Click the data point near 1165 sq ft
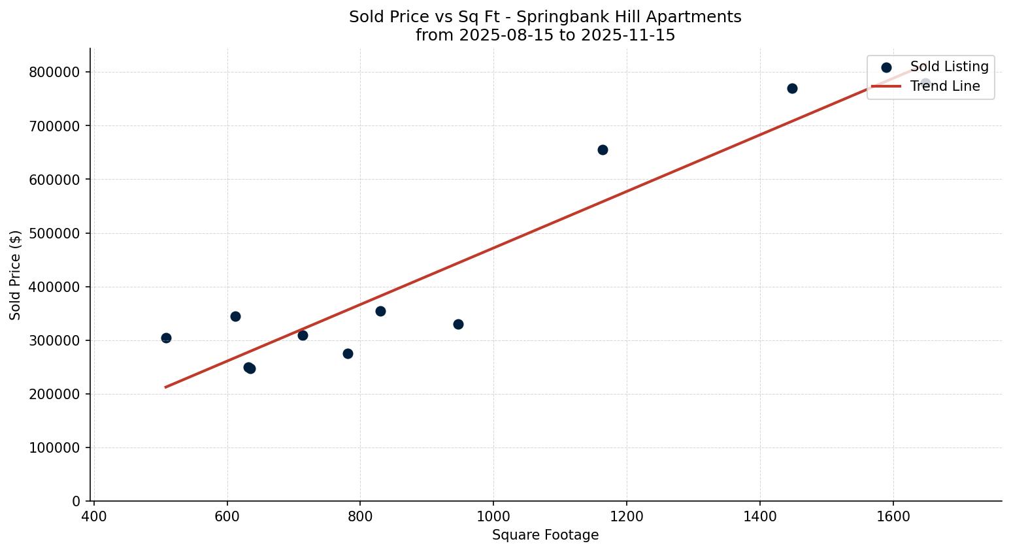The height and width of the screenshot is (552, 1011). click(x=603, y=150)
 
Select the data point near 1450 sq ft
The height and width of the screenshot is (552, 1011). click(x=792, y=88)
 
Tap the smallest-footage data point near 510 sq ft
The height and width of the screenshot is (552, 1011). click(x=166, y=338)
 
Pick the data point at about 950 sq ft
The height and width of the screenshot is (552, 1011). click(x=458, y=324)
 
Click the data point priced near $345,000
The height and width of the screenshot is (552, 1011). click(x=235, y=316)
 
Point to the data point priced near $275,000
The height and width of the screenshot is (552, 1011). click(x=348, y=353)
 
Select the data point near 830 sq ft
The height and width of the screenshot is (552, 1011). click(x=380, y=311)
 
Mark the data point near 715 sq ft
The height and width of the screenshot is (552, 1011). click(x=303, y=335)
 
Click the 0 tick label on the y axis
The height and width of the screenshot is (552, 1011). click(x=76, y=501)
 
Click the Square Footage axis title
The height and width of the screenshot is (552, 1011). click(x=545, y=535)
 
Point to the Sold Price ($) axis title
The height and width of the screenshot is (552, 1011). click(x=16, y=275)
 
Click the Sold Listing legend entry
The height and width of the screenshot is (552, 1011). click(x=949, y=67)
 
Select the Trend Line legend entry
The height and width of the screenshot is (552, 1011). click(x=944, y=86)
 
